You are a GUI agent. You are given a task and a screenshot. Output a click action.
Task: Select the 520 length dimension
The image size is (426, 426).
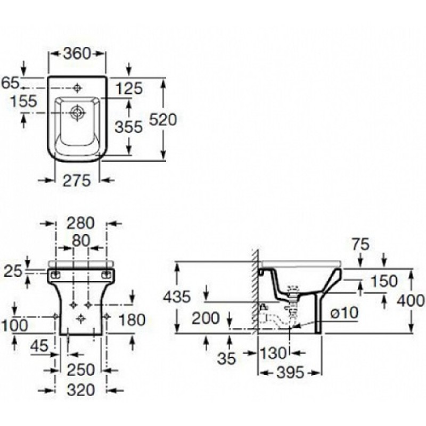[162, 120]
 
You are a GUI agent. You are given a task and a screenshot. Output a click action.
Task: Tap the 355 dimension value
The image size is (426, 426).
[129, 127]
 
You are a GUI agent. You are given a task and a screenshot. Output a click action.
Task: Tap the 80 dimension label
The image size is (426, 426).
[80, 240]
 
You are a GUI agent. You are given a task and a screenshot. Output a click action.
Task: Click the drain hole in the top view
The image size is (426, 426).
[78, 112]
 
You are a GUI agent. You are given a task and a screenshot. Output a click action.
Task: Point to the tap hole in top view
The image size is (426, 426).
[78, 87]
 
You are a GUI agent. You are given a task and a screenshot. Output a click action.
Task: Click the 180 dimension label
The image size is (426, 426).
[132, 319]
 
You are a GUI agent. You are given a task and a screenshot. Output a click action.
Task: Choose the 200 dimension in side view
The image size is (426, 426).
[205, 318]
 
